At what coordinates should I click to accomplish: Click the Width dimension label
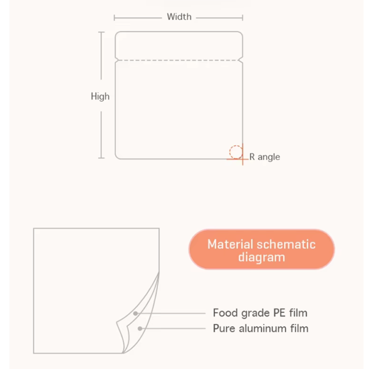coord(179,17)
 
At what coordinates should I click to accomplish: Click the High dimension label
coord(100,97)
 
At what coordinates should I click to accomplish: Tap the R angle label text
coord(264,157)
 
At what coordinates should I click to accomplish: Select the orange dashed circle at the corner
coord(236,151)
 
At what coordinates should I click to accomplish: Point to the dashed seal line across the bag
coord(179,60)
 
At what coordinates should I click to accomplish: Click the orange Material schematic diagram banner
coord(261,250)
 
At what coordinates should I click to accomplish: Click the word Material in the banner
coord(231,244)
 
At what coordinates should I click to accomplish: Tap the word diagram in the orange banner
coord(261,257)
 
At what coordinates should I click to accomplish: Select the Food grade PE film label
coord(260,313)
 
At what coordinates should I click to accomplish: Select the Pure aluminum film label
coord(261,328)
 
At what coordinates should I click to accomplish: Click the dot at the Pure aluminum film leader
coord(140,328)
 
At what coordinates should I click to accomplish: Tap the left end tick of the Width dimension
coord(115,17)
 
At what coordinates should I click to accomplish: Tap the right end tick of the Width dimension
coord(242,17)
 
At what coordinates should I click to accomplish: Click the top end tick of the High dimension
coord(101,32)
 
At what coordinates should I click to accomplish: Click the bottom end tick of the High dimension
coord(101,159)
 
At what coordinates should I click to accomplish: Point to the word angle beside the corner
coord(269,157)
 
